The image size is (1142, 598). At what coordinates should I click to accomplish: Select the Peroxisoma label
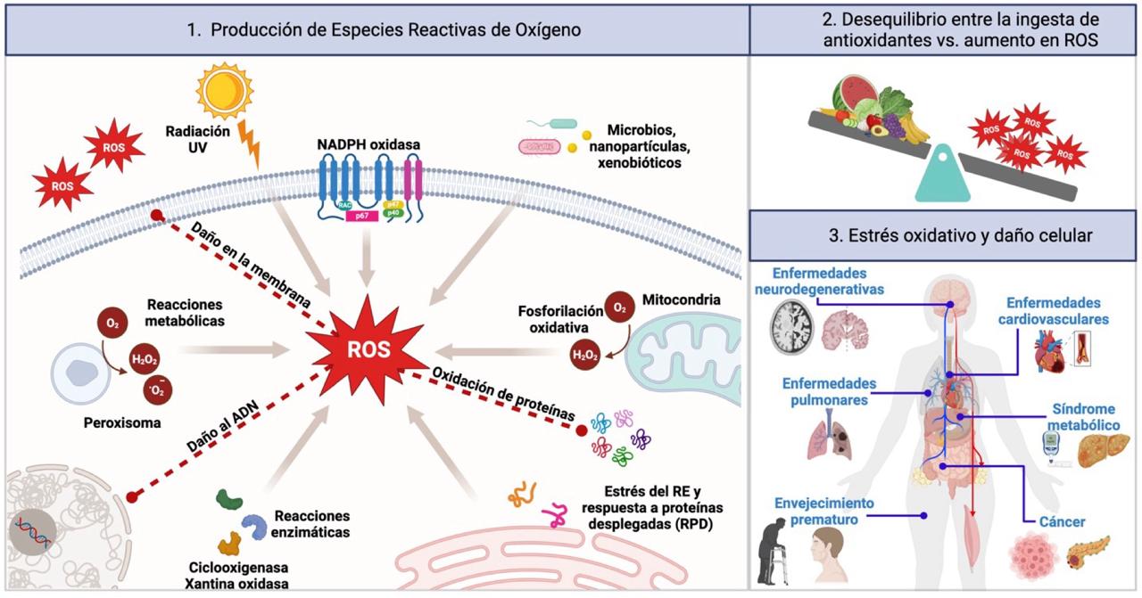(x=123, y=423)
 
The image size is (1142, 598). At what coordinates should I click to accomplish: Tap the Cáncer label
(x=1062, y=522)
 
